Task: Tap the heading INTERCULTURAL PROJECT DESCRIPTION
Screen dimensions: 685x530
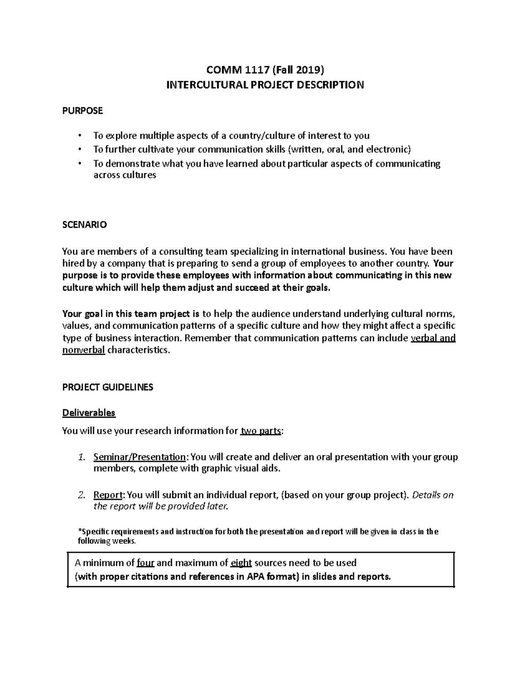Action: pyautogui.click(x=265, y=85)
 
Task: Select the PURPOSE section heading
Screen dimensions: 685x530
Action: pyautogui.click(x=82, y=111)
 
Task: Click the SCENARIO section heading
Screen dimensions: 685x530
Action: pyautogui.click(x=84, y=225)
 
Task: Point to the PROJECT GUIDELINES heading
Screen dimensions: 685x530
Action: pyautogui.click(x=108, y=387)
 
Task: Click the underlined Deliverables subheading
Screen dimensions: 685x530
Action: pyautogui.click(x=89, y=413)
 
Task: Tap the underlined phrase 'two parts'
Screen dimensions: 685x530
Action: pyautogui.click(x=261, y=431)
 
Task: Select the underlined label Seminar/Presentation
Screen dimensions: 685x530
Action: pyautogui.click(x=140, y=457)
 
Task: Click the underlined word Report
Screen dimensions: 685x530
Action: pyautogui.click(x=107, y=495)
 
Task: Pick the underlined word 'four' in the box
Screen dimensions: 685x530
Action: pyautogui.click(x=145, y=563)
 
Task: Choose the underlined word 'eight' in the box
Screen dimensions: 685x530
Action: pyautogui.click(x=241, y=563)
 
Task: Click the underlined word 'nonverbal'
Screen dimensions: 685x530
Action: pyautogui.click(x=83, y=350)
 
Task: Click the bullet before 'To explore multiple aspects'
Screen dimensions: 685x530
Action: pyautogui.click(x=79, y=135)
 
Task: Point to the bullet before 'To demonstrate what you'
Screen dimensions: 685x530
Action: pyautogui.click(x=79, y=164)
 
